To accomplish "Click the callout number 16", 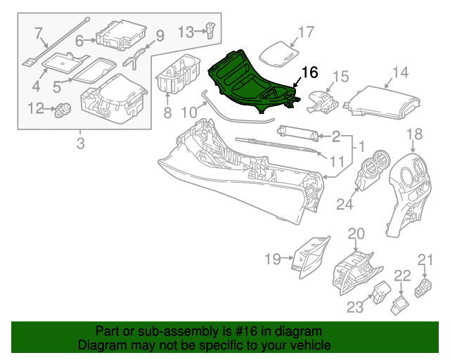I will coord(309,72).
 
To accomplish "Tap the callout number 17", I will coord(305,32).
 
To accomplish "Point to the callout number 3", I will coord(80,145).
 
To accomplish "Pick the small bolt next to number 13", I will coord(209,30).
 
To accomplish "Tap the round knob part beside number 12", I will coord(63,109).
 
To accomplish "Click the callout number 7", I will coord(39,32).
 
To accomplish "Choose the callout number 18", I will coord(414,134).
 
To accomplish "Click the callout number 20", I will coord(356,233).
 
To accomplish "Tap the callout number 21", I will coord(425,260).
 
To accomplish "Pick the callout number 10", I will coord(188,112).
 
